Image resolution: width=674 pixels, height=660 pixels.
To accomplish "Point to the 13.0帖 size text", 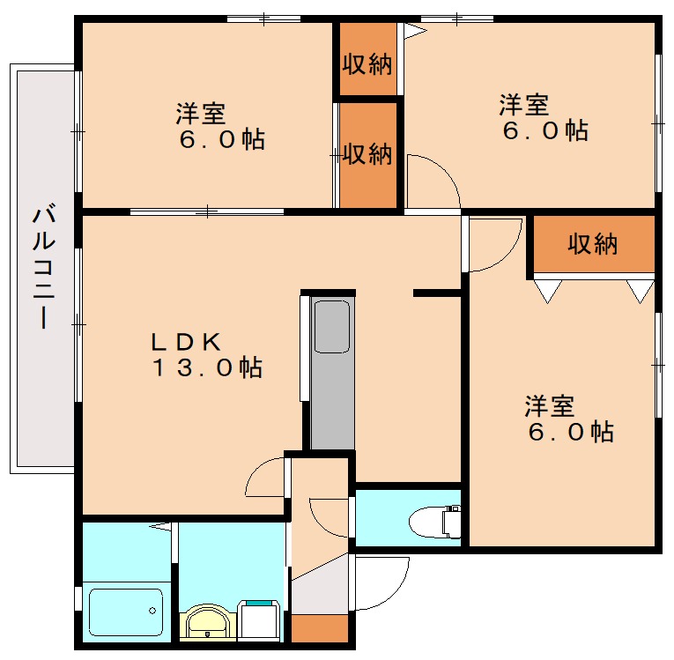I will (207, 368).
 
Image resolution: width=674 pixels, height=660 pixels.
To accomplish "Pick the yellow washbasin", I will (209, 622).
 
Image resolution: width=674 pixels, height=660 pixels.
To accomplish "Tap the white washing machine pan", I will (260, 619).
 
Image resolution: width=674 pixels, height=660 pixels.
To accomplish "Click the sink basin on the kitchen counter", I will (332, 326).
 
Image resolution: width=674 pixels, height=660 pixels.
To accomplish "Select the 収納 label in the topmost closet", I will (367, 64).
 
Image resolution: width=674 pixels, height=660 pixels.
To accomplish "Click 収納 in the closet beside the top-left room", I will (367, 154).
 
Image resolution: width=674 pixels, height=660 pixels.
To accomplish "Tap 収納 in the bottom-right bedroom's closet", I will (592, 244).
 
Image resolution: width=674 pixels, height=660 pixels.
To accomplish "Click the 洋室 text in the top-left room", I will (200, 114).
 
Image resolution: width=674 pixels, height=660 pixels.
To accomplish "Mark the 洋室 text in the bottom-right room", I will (550, 406).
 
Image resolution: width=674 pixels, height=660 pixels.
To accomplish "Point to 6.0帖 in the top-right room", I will (545, 131).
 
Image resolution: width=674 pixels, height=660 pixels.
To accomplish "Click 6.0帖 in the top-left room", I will (220, 140).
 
